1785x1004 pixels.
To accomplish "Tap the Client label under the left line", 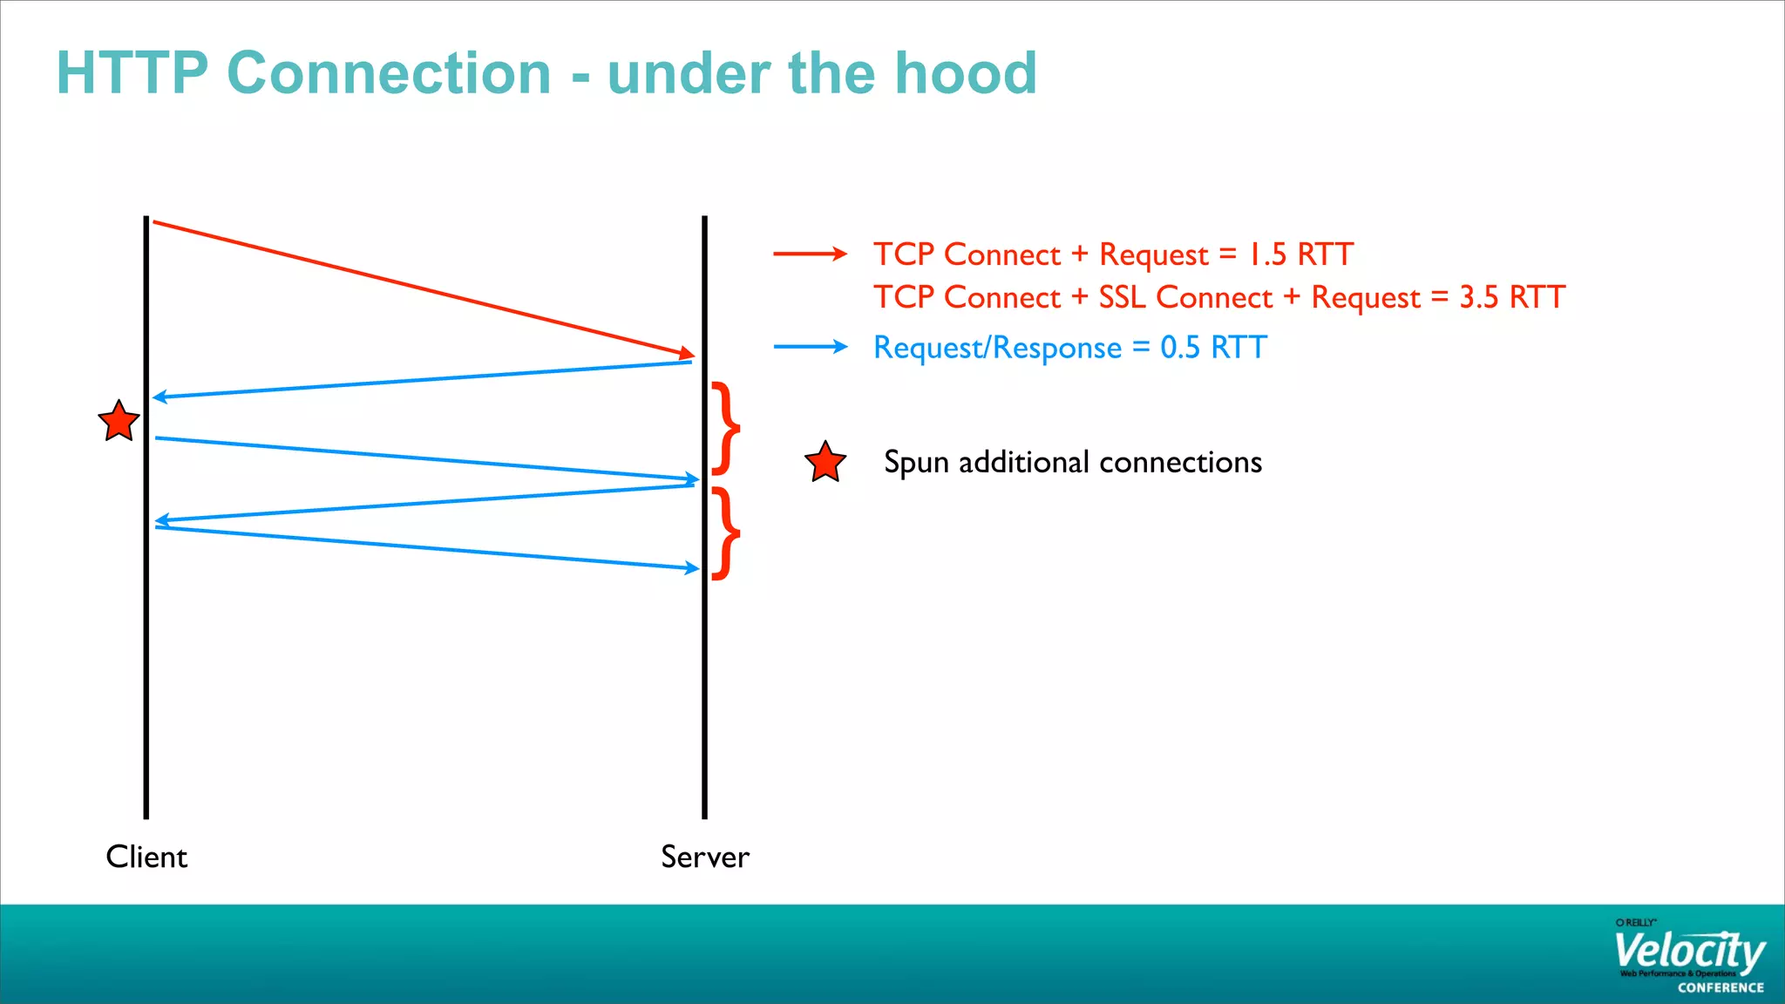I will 146,857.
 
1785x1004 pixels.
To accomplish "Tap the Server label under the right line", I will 704,857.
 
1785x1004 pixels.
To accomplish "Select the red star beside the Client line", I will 119,422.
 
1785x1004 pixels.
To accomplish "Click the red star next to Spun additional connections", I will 825,463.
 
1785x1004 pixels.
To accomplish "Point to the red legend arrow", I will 810,254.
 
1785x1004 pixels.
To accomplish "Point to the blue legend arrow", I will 810,347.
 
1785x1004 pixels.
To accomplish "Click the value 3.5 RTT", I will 1512,297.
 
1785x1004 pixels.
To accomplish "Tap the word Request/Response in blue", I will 997,348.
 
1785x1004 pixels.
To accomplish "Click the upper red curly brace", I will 726,428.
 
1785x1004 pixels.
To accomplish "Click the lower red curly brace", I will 726,533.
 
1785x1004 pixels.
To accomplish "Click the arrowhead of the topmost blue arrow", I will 159,397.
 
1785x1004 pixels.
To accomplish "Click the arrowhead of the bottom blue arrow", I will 693,568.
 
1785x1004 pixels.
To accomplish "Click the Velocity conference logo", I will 1688,957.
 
